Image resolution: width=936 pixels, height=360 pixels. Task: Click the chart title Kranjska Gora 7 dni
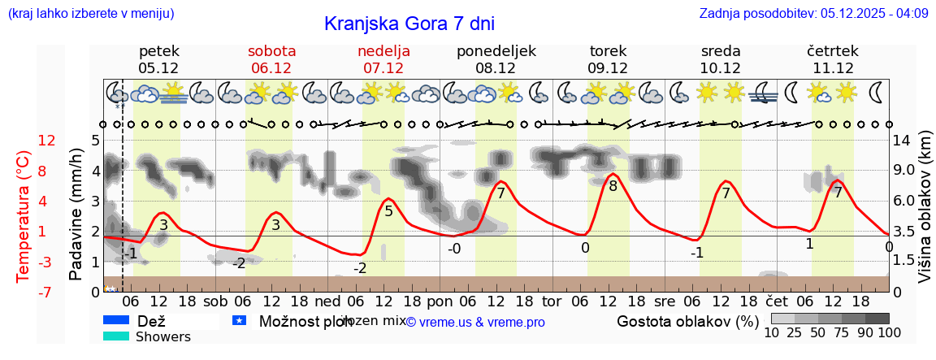tap(409, 24)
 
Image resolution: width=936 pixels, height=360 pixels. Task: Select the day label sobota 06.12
tap(271, 59)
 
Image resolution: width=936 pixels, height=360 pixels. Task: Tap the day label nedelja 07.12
tap(383, 59)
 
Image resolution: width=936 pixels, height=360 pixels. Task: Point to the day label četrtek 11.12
tap(832, 59)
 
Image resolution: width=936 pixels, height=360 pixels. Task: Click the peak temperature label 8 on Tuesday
tap(613, 186)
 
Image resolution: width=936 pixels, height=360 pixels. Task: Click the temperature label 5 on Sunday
tap(388, 211)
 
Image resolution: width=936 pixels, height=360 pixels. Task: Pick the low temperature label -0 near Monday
tap(454, 249)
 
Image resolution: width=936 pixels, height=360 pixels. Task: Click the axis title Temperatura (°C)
tap(24, 216)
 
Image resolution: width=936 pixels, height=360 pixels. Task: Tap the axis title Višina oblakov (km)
tap(925, 216)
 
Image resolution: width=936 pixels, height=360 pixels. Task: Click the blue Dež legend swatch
tap(116, 321)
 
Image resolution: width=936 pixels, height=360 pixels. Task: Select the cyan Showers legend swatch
tap(116, 336)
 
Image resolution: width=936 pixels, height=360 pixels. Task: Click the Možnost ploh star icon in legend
tap(239, 321)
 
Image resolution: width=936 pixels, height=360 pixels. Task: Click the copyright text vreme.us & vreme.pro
tap(475, 322)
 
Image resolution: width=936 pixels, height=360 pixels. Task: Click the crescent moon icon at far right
tap(876, 92)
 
